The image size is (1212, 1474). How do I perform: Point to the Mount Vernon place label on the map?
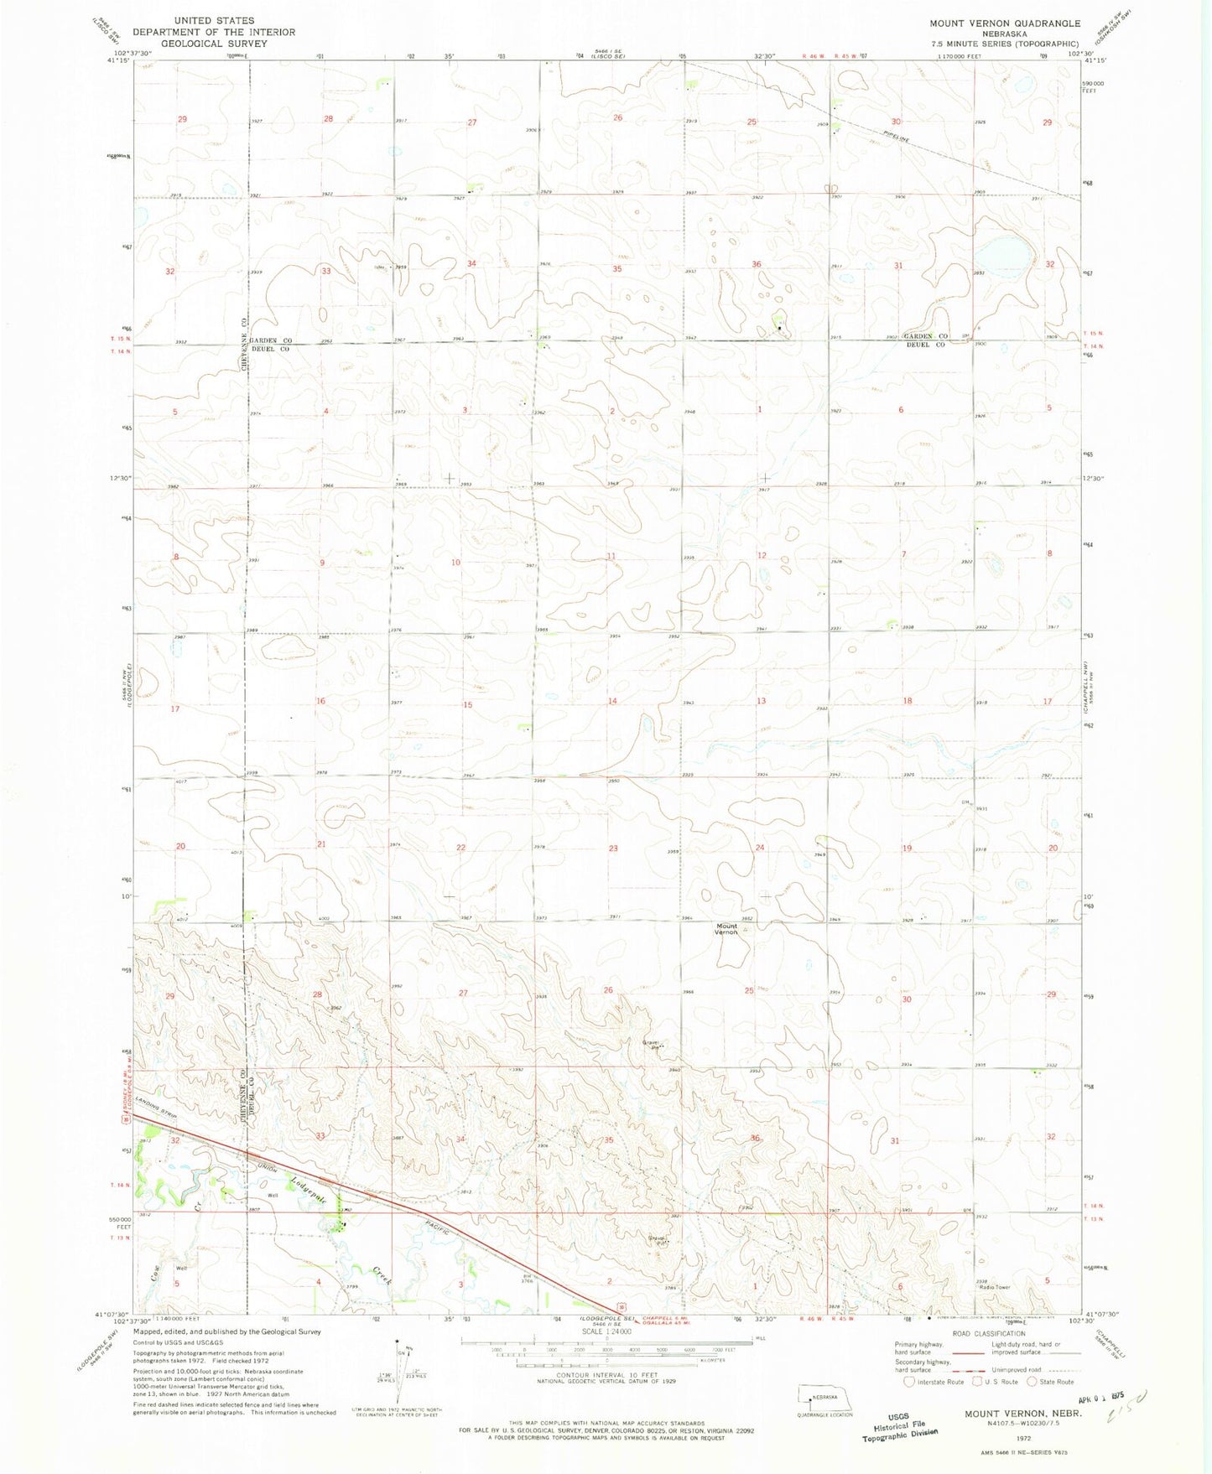[x=726, y=929]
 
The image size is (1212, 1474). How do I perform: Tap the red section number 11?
[x=611, y=557]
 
